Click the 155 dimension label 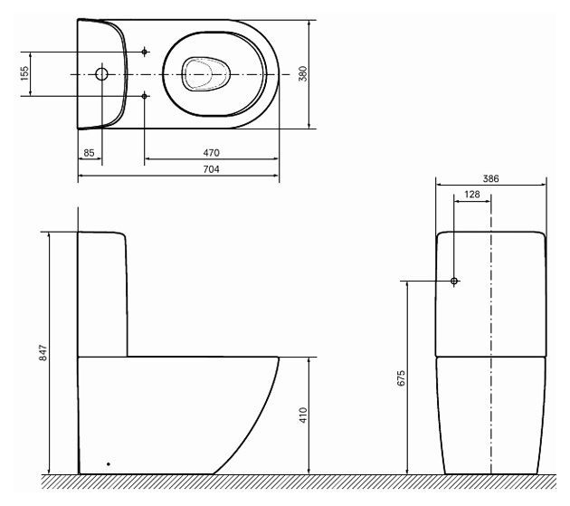pyautogui.click(x=24, y=73)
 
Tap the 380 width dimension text pyautogui.click(x=302, y=74)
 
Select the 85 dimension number pyautogui.click(x=89, y=153)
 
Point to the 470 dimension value pyautogui.click(x=211, y=153)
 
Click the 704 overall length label pyautogui.click(x=211, y=169)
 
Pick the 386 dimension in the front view pyautogui.click(x=490, y=178)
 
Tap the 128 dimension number pyautogui.click(x=472, y=195)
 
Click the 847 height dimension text pyautogui.click(x=43, y=353)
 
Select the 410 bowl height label pyautogui.click(x=303, y=415)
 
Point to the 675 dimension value pyautogui.click(x=401, y=378)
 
